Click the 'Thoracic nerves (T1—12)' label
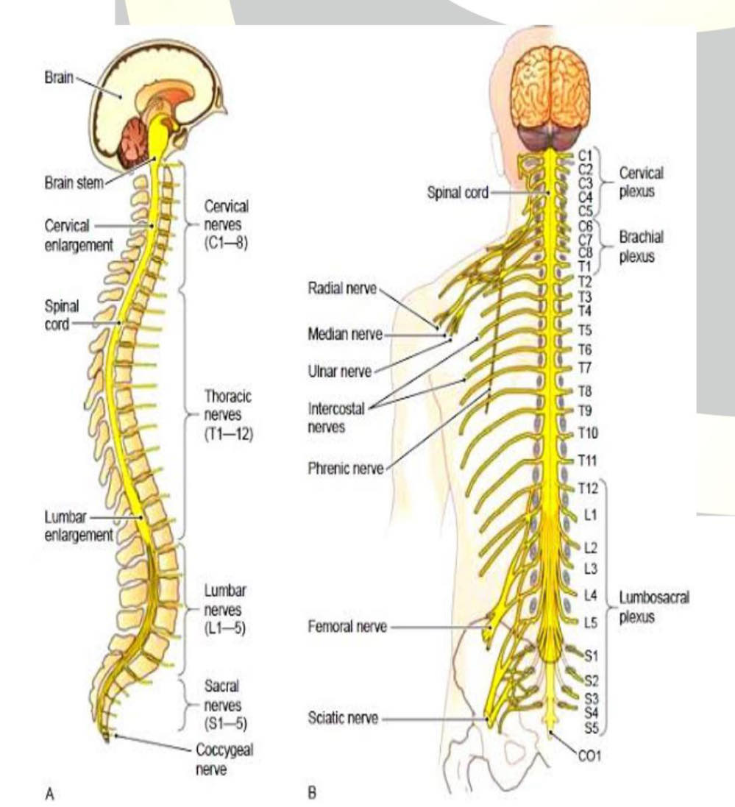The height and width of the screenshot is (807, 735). [x=228, y=415]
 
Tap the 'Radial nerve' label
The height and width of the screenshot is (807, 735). [x=341, y=288]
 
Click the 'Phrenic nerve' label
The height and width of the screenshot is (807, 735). [x=346, y=468]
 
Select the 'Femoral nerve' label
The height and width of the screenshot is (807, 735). [x=347, y=628]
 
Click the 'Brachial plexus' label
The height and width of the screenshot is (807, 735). [x=641, y=247]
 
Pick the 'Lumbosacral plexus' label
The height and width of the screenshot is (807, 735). [x=653, y=607]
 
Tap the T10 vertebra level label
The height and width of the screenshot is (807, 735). [x=588, y=432]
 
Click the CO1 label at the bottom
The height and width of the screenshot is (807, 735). [x=590, y=755]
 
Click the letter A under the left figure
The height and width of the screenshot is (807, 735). [x=49, y=794]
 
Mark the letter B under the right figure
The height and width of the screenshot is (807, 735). [x=311, y=794]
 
